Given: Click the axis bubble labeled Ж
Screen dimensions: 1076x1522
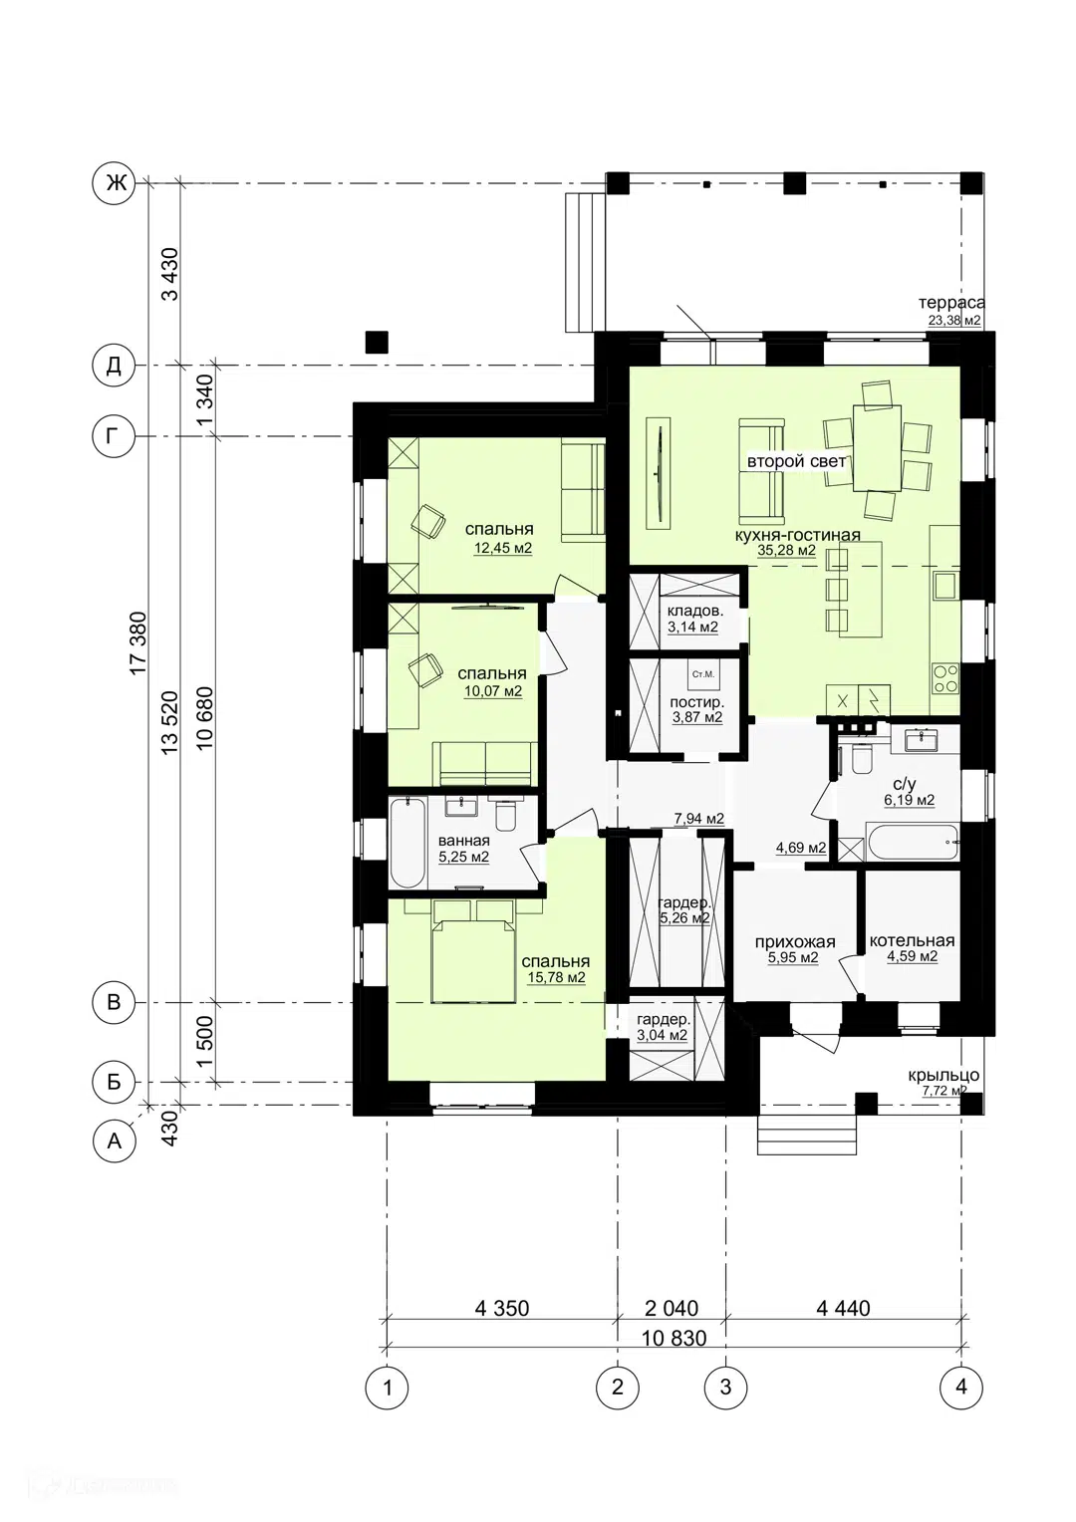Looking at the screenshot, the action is click(x=114, y=182).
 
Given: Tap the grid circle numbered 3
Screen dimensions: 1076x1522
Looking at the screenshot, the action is click(x=725, y=1387).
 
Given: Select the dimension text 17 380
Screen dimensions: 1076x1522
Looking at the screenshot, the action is click(x=138, y=643).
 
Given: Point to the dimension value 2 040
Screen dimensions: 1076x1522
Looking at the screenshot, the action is click(x=672, y=1308).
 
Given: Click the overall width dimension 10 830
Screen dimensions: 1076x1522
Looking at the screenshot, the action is click(x=674, y=1338).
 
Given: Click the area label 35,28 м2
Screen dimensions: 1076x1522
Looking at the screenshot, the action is click(x=786, y=551).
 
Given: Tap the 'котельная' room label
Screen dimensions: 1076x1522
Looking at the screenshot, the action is click(x=913, y=941).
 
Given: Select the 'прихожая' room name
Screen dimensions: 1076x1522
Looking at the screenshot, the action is click(x=795, y=942).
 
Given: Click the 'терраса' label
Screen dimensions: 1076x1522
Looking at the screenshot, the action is click(x=951, y=303).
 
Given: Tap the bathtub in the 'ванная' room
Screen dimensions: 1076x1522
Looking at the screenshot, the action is click(x=407, y=843).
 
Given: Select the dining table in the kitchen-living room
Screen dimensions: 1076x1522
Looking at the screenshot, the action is click(x=878, y=448).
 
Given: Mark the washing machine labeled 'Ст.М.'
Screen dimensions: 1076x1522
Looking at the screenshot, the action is click(x=702, y=674).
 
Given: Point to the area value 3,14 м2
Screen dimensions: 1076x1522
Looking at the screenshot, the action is click(x=692, y=628).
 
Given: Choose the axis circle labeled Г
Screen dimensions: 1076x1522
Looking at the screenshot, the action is click(x=114, y=435).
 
